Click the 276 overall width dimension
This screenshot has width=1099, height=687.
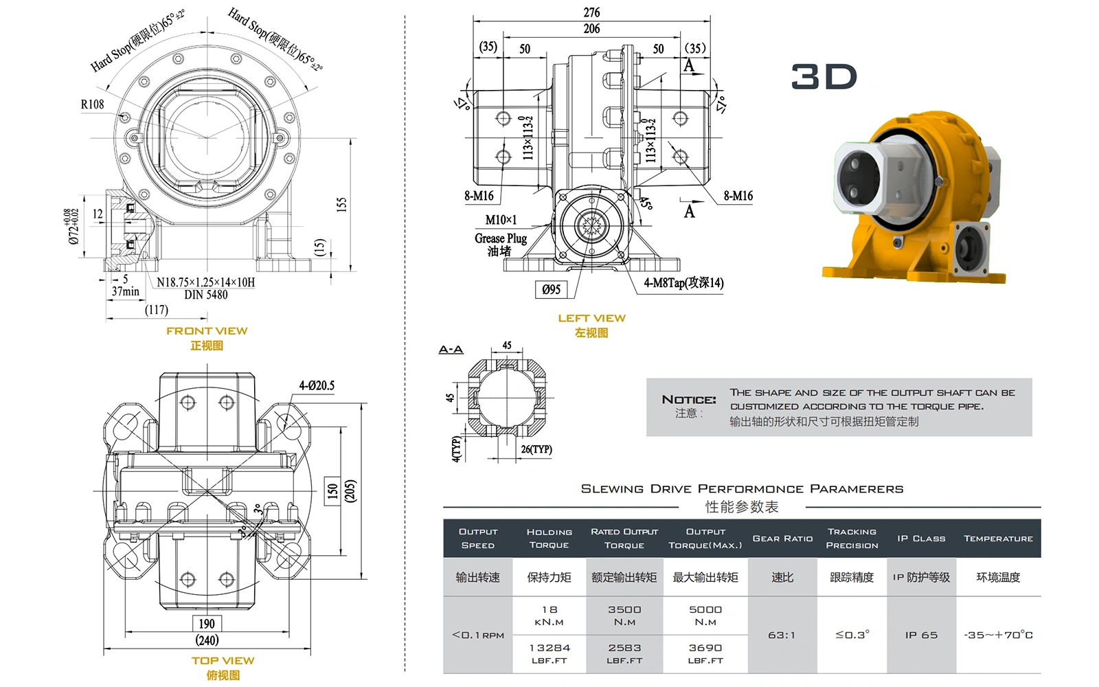click(x=591, y=12)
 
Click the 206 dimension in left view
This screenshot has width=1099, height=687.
click(x=591, y=29)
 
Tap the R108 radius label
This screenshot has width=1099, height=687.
click(x=93, y=104)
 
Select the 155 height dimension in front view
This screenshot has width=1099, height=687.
click(x=341, y=204)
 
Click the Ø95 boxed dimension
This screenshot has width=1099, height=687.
click(x=551, y=290)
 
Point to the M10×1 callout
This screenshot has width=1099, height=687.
click(x=501, y=220)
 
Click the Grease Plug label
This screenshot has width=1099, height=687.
click(x=501, y=238)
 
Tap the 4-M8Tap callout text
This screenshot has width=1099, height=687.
click(x=683, y=283)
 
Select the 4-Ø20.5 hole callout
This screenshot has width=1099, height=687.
click(x=317, y=385)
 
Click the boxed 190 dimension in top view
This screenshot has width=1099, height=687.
click(x=207, y=624)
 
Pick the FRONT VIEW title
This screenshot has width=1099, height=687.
click(x=207, y=331)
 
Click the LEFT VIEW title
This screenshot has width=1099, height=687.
click(x=591, y=318)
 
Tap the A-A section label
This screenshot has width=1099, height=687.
click(x=451, y=350)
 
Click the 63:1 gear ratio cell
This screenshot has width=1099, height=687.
click(x=782, y=635)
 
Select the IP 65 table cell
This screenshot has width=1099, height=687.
click(x=921, y=635)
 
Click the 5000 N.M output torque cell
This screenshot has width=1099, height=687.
click(x=705, y=615)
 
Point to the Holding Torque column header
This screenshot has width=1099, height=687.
click(x=549, y=538)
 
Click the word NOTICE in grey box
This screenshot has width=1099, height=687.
click(x=688, y=400)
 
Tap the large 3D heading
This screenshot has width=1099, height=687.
click(x=824, y=77)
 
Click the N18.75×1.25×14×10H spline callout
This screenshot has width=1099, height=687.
click(x=205, y=282)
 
